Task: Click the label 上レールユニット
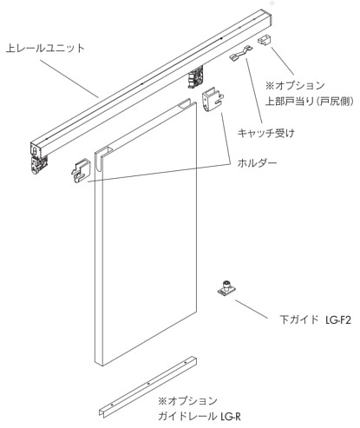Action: [x=45, y=48]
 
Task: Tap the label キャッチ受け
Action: [x=266, y=133]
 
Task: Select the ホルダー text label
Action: [x=257, y=163]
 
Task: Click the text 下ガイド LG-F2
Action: [x=315, y=319]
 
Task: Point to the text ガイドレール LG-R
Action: [x=200, y=417]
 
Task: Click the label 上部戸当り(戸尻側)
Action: [x=310, y=102]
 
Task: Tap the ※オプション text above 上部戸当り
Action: [x=295, y=86]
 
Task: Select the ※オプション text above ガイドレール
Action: [x=187, y=401]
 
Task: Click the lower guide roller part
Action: [x=226, y=288]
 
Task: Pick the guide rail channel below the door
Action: [x=148, y=386]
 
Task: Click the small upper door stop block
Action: [x=264, y=40]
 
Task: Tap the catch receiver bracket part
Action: [x=240, y=53]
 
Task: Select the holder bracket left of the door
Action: [x=81, y=171]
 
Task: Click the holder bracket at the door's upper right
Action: [x=213, y=100]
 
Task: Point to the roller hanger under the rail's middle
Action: [x=196, y=76]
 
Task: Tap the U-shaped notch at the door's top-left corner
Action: [x=99, y=161]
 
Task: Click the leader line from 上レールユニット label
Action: [x=69, y=79]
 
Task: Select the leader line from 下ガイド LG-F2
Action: [x=252, y=309]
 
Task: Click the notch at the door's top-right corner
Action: [x=187, y=105]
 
